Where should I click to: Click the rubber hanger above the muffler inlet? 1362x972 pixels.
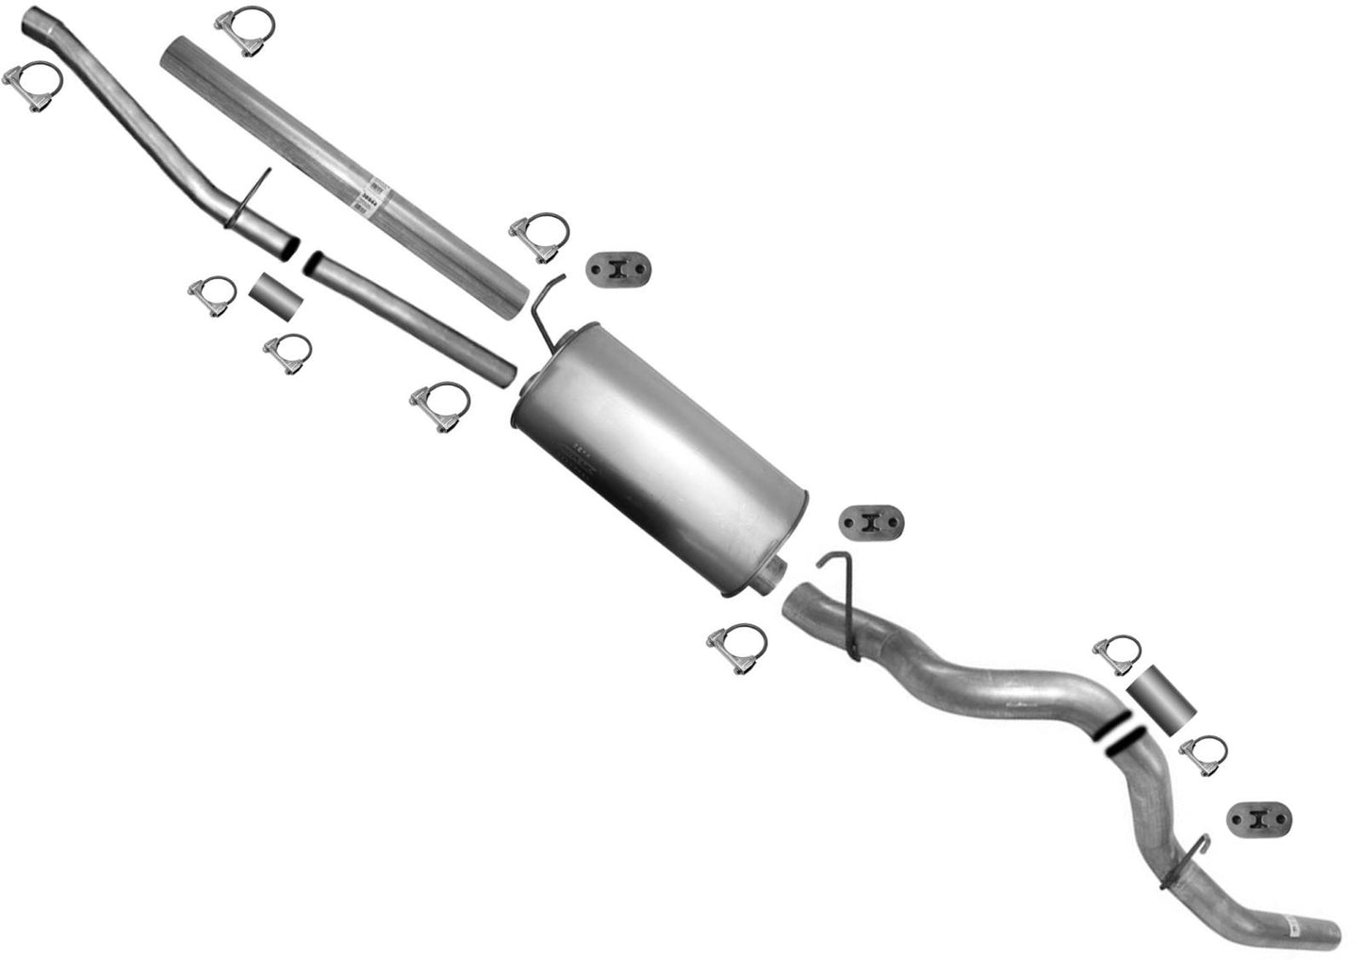click(x=619, y=269)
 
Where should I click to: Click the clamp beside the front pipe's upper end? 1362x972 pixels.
click(x=34, y=88)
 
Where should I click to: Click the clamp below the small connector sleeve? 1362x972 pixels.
click(x=287, y=354)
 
